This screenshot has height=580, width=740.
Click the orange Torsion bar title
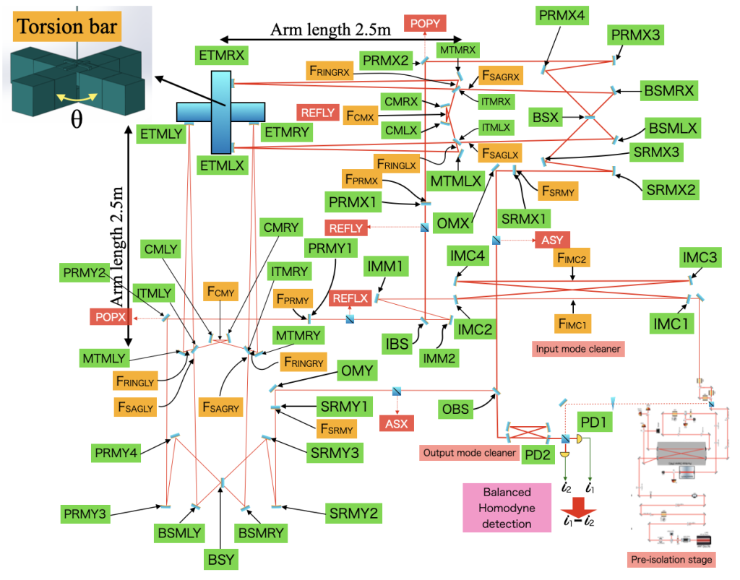[68, 27]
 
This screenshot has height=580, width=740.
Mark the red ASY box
[553, 239]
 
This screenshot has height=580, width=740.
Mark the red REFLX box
[350, 298]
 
